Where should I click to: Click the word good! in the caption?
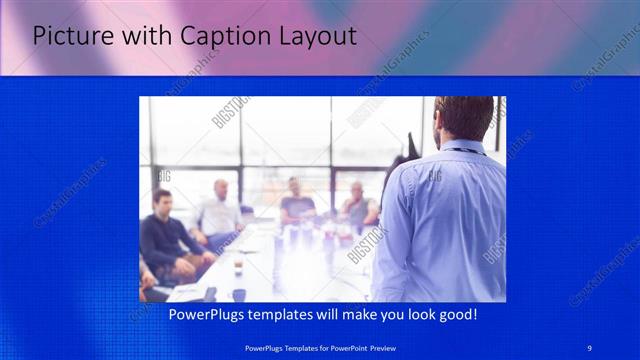pyautogui.click(x=454, y=315)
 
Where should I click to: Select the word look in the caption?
pyautogui.click(x=411, y=315)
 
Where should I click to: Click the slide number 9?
pyautogui.click(x=590, y=347)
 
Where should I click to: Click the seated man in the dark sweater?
pyautogui.click(x=160, y=240)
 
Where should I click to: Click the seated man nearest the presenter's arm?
pyautogui.click(x=357, y=205)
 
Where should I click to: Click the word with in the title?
pyautogui.click(x=148, y=37)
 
